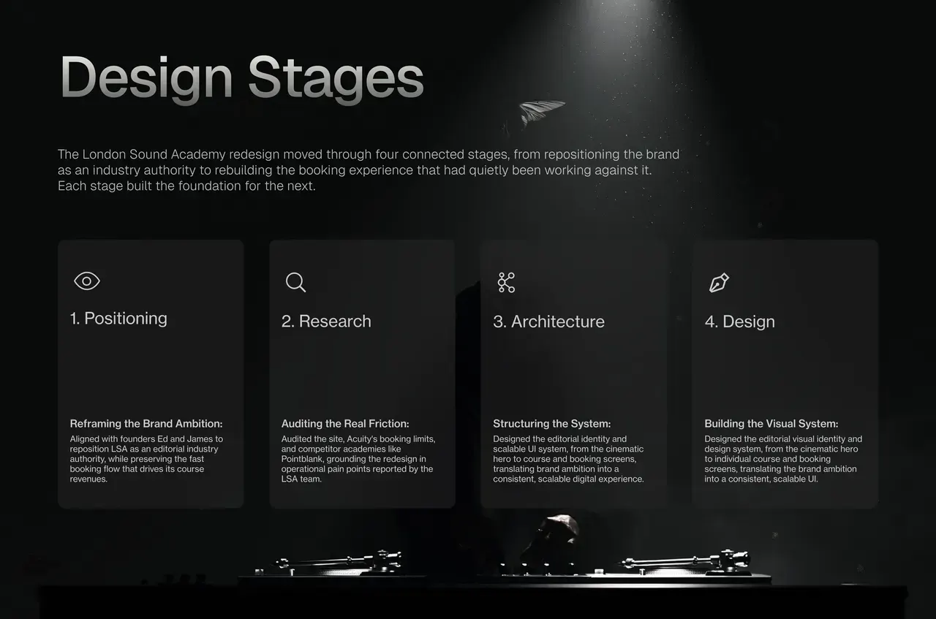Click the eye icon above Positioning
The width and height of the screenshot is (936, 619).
87,281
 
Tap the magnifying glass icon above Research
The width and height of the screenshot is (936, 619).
296,282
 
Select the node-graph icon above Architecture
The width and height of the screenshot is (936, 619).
506,283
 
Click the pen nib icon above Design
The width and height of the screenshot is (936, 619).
719,283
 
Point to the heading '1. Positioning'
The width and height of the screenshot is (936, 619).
118,319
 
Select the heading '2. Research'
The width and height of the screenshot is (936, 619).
326,322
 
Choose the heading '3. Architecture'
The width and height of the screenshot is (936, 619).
548,322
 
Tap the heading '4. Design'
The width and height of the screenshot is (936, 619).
739,322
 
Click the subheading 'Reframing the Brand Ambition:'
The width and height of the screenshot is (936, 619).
146,424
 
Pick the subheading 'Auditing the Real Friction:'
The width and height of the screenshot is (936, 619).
345,424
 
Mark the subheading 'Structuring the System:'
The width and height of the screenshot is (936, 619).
551,424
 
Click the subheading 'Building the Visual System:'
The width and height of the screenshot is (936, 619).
771,424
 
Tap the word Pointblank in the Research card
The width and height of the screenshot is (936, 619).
302,459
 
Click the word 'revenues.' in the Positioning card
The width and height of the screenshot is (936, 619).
88,479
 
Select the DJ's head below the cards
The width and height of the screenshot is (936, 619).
556,536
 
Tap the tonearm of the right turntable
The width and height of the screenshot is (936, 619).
685,560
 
